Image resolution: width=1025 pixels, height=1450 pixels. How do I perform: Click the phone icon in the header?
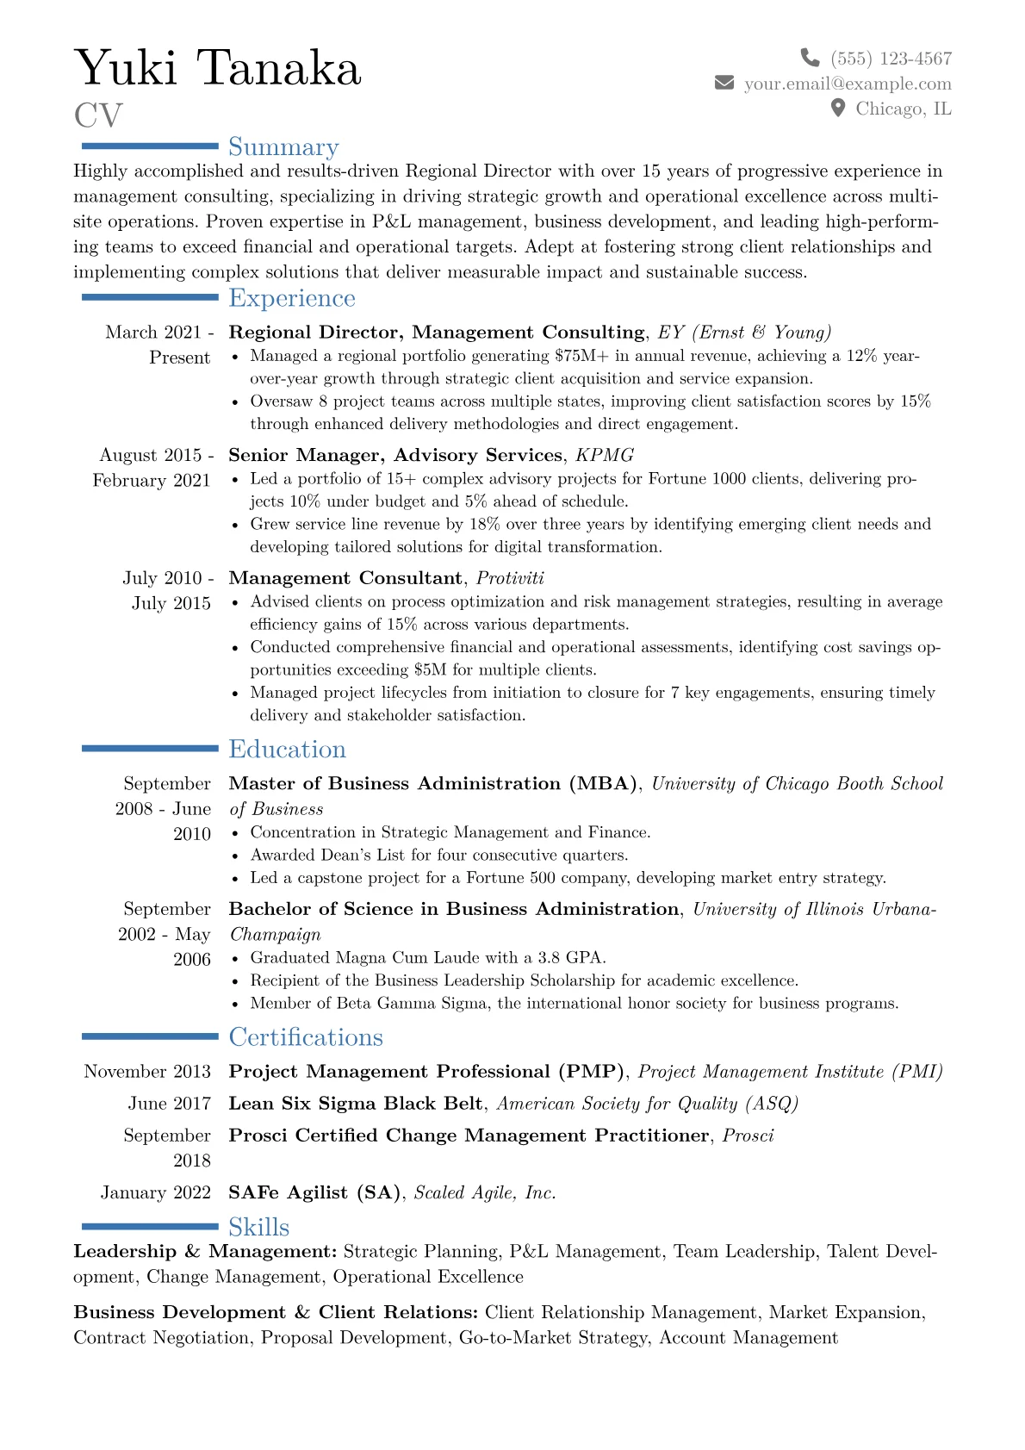point(810,58)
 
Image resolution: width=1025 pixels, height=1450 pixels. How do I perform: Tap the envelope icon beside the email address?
point(724,83)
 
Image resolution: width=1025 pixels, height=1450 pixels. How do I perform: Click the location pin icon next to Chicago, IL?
point(838,108)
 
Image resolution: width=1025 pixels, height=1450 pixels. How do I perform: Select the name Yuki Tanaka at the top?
point(218,68)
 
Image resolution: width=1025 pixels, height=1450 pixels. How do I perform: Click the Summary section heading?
point(283,147)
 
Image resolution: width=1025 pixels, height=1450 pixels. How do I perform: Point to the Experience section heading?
point(292,298)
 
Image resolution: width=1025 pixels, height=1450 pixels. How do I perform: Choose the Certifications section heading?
point(306,1037)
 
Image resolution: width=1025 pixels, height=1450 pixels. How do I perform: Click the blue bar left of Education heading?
point(150,749)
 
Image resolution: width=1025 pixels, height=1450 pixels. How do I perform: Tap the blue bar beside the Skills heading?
point(150,1226)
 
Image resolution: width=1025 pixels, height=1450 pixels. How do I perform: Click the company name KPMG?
point(605,455)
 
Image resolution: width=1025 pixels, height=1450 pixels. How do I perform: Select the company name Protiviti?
point(510,578)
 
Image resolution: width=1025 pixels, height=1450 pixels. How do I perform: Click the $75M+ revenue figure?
point(582,356)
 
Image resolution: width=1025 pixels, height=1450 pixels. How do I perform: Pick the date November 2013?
point(147,1071)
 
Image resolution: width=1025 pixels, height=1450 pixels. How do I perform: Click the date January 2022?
point(156,1192)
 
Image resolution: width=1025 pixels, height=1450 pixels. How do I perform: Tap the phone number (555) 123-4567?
point(891,59)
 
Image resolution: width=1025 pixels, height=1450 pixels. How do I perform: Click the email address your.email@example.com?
point(848,84)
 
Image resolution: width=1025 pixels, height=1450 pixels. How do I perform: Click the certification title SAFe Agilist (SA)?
point(314,1192)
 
